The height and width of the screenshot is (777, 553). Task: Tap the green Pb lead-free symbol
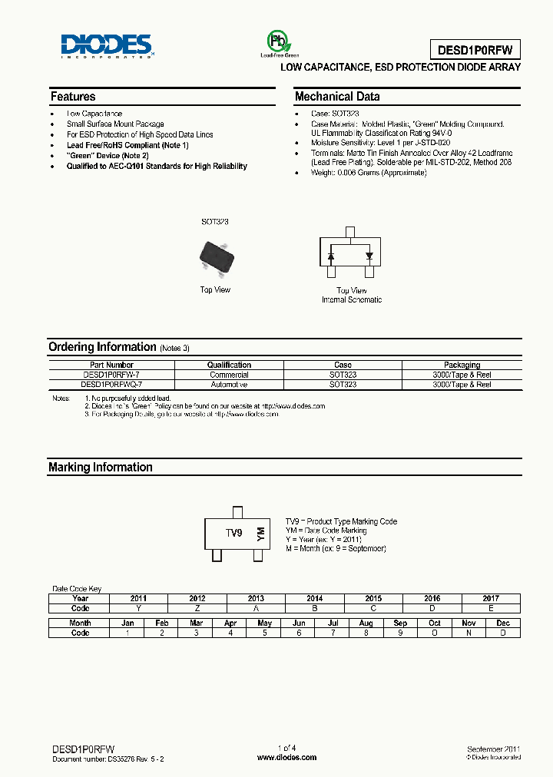(x=275, y=41)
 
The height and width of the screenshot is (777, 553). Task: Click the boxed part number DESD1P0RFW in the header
(x=478, y=50)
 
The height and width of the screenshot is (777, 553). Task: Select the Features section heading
(x=73, y=97)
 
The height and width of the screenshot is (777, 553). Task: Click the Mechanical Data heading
(x=337, y=97)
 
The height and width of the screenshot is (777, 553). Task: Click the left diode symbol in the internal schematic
(x=331, y=255)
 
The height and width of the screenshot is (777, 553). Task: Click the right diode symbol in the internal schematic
(x=369, y=255)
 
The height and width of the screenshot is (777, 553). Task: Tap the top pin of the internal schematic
(x=350, y=232)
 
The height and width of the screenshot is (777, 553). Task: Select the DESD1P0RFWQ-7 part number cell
(x=112, y=384)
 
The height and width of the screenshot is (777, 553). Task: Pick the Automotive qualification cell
(x=229, y=384)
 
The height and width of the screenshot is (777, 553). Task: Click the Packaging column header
(x=462, y=365)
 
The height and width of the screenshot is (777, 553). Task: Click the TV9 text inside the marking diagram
(x=233, y=532)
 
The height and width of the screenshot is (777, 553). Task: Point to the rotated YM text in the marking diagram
(x=260, y=533)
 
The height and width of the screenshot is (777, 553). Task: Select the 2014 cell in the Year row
(x=314, y=598)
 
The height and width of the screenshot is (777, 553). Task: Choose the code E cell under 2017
(x=491, y=607)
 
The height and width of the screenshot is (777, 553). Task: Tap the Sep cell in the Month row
(x=400, y=623)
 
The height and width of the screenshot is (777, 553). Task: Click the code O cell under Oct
(x=435, y=633)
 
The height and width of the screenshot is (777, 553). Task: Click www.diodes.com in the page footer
(x=286, y=757)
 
